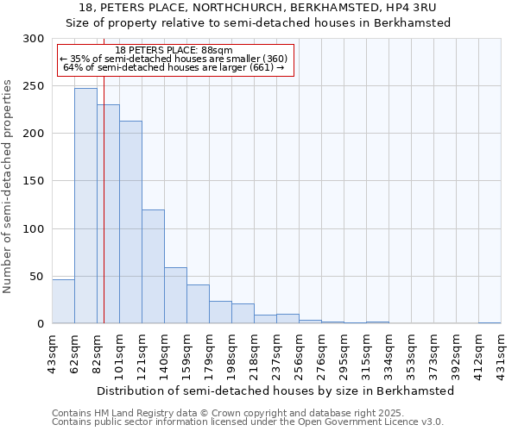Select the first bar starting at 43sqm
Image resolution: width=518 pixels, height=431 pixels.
[63, 302]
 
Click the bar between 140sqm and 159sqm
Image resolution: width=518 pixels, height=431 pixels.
[175, 296]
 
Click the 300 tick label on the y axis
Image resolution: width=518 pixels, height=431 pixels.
[33, 39]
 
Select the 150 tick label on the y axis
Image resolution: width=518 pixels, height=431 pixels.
[33, 181]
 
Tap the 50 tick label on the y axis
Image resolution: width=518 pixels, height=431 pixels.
[36, 276]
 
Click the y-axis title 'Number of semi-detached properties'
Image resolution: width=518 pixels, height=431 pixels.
[9, 186]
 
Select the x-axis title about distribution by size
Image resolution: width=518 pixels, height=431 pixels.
[275, 390]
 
